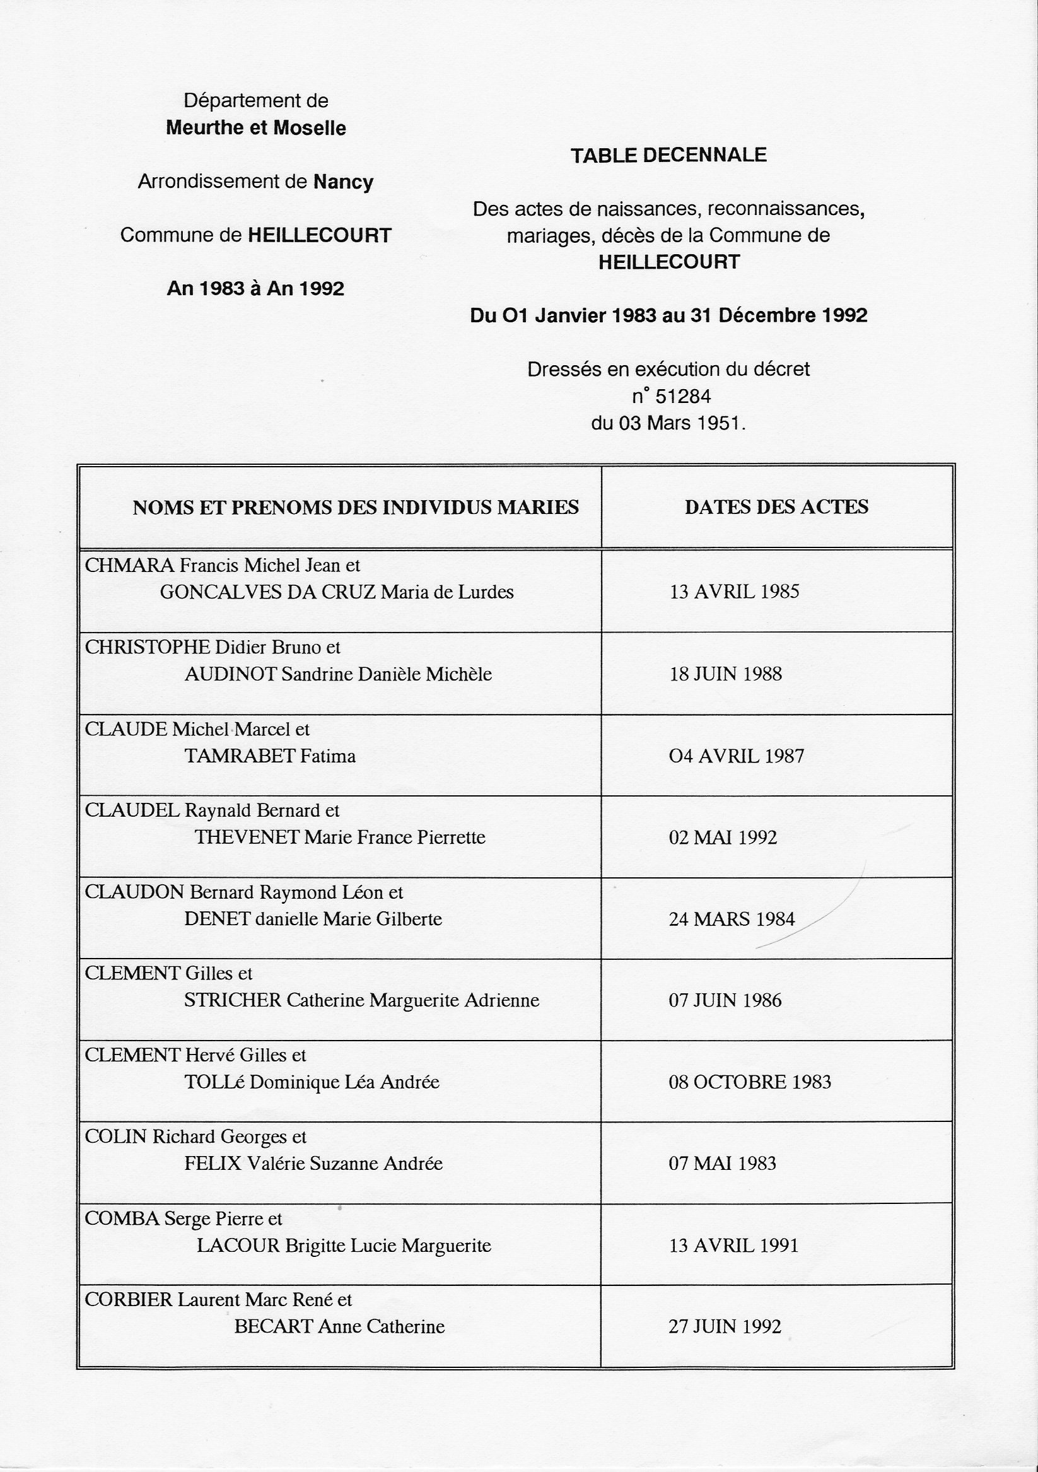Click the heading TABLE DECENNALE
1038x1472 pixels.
coord(668,155)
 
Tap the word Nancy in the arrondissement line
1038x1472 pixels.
coord(343,182)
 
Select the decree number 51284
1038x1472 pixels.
coord(683,397)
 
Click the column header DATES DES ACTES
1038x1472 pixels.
coord(776,507)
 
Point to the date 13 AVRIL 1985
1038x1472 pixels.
coord(734,591)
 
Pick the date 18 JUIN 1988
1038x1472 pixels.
coord(725,674)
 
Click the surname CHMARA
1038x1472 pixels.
coord(129,566)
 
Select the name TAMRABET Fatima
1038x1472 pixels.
coord(270,757)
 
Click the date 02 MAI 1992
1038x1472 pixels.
coord(723,838)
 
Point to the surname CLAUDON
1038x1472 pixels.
coord(135,892)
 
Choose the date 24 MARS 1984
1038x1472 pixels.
coord(732,920)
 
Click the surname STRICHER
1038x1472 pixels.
coord(233,1001)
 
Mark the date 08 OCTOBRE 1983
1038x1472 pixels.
coord(749,1082)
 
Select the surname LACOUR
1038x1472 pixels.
coord(238,1246)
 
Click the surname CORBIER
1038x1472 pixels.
coord(129,1300)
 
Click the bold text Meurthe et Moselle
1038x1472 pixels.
coord(256,128)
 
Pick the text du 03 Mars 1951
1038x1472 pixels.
coord(668,423)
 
